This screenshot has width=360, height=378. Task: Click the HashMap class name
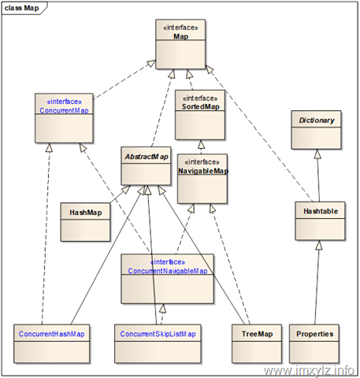pyautogui.click(x=86, y=213)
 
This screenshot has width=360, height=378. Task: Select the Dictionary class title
pyautogui.click(x=317, y=120)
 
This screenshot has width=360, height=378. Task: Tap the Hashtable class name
pyautogui.click(x=321, y=211)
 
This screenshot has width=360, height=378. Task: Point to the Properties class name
pyautogui.click(x=315, y=334)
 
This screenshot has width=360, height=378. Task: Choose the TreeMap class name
pyautogui.click(x=257, y=334)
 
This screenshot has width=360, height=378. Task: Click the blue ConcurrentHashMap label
pyautogui.click(x=52, y=334)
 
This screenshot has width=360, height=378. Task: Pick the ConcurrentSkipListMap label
pyautogui.click(x=158, y=334)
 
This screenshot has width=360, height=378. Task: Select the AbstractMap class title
pyautogui.click(x=147, y=157)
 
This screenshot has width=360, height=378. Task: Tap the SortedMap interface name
pyautogui.click(x=201, y=106)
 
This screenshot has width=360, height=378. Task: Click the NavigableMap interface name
pyautogui.click(x=203, y=171)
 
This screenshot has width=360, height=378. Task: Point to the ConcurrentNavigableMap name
pyautogui.click(x=168, y=271)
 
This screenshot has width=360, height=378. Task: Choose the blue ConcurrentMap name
pyautogui.click(x=64, y=110)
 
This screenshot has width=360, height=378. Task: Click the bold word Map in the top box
pyautogui.click(x=181, y=36)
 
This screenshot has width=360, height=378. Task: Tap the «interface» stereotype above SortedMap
pyautogui.click(x=200, y=98)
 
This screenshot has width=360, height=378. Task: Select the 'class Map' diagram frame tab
pyautogui.click(x=24, y=8)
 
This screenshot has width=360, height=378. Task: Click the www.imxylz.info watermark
pyautogui.click(x=309, y=370)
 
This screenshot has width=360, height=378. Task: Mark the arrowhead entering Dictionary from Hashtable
pyautogui.click(x=317, y=154)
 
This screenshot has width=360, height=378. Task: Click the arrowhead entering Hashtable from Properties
pyautogui.click(x=319, y=245)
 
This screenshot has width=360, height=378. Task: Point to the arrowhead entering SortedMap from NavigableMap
pyautogui.click(x=202, y=145)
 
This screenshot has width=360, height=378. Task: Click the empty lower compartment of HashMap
pyautogui.click(x=85, y=231)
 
